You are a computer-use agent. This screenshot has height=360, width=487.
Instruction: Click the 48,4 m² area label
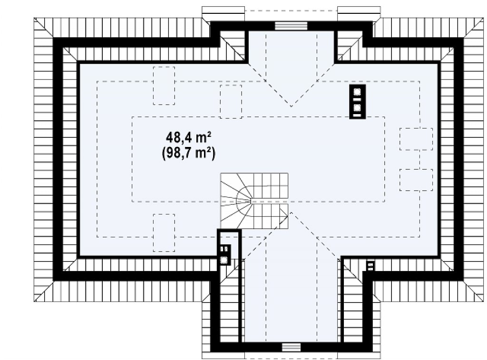pos(189,136)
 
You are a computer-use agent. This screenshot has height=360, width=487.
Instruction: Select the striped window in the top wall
pos(291,26)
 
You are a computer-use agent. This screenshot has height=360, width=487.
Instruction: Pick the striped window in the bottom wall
pos(292,347)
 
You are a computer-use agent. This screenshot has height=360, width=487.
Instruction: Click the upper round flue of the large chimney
pos(357,92)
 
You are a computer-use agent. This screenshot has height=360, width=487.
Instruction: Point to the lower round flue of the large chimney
pos(357,108)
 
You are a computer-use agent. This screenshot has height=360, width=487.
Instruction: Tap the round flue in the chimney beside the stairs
pos(224,260)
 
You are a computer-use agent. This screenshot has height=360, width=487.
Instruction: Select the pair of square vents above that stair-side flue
pos(224,249)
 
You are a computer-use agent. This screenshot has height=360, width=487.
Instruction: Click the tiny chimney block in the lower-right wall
pos(370,266)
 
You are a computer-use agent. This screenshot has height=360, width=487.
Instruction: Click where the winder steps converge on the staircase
pos(251,201)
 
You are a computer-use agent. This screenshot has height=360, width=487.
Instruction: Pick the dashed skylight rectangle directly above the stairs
pos(231,101)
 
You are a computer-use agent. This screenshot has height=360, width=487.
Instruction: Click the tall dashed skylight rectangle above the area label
pos(164,86)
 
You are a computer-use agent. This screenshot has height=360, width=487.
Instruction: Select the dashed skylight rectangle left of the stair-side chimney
pos(164,233)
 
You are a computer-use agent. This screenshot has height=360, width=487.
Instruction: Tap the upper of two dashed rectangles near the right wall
pos(416,139)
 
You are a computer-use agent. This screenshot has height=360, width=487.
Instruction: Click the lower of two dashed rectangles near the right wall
pos(416,180)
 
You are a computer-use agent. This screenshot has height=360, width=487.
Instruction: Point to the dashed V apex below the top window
pos(291,106)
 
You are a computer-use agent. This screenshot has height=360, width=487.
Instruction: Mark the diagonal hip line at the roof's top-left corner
pos(44,28)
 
